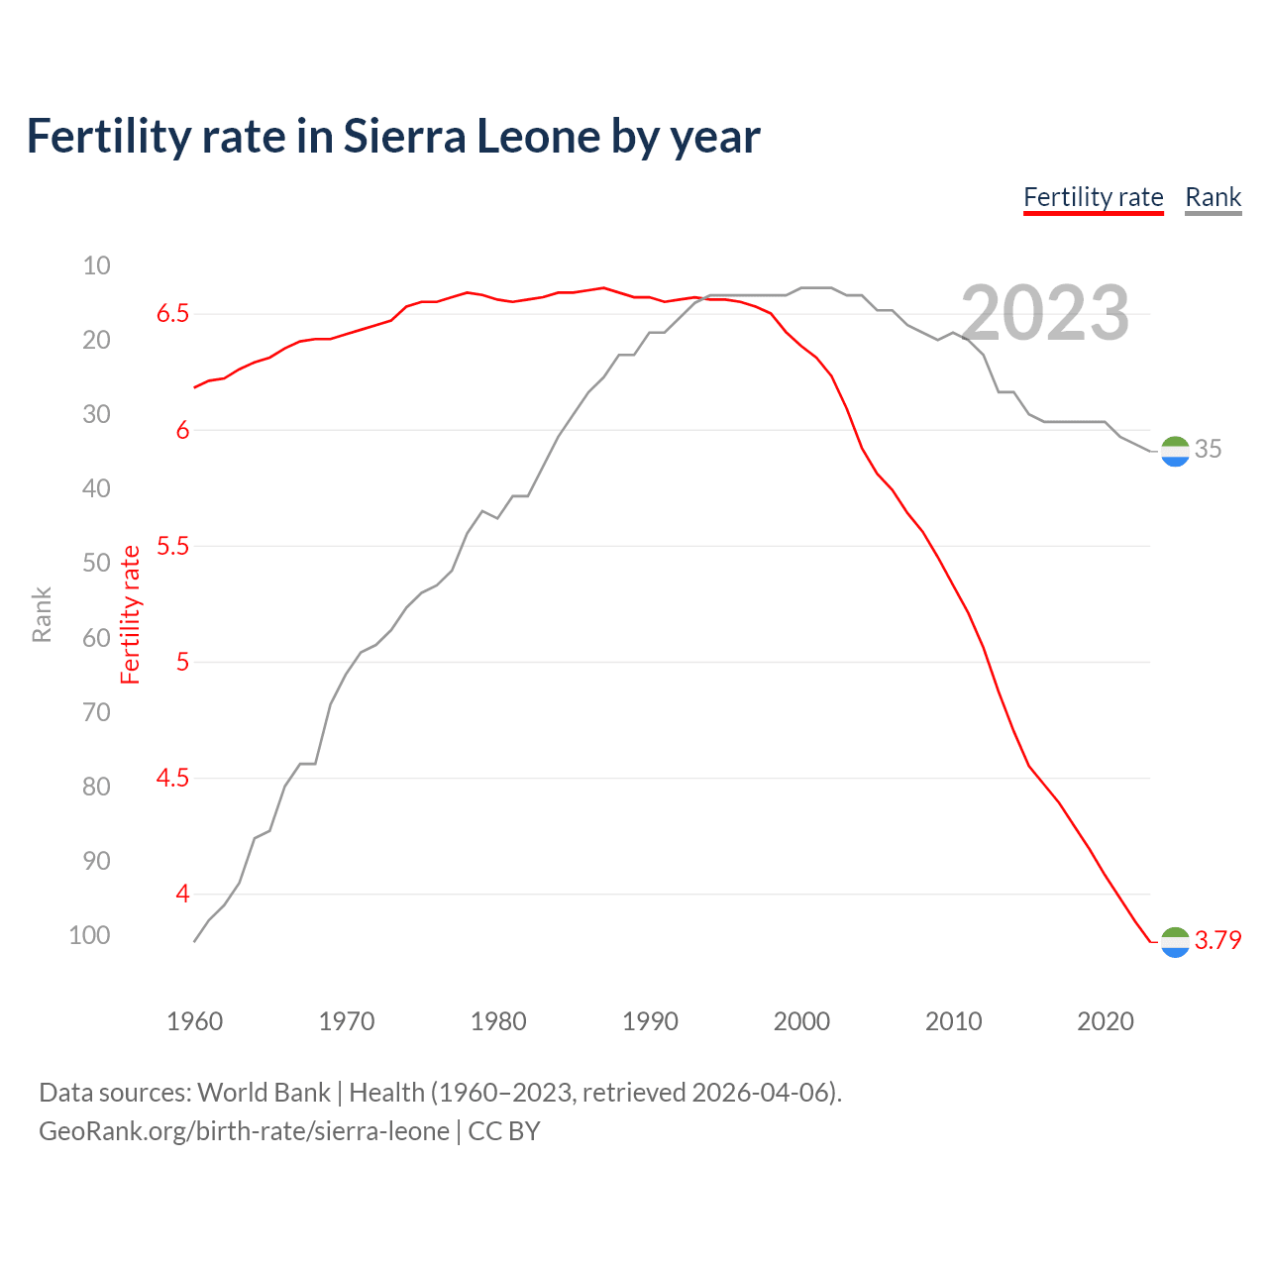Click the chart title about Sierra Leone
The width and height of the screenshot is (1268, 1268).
coord(393,137)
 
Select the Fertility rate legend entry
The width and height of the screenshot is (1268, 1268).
coord(1093,197)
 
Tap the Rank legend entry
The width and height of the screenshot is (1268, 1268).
coord(1213,197)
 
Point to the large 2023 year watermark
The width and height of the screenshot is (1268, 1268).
coord(1045,314)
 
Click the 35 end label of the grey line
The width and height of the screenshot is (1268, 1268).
coord(1208,449)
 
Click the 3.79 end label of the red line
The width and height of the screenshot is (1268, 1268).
coord(1217,940)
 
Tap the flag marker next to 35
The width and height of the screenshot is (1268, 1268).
coord(1174,451)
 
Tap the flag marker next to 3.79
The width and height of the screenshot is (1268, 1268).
coord(1174,942)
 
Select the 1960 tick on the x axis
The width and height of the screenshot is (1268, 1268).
coord(194,1021)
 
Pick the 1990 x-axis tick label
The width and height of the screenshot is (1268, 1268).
coord(650,1021)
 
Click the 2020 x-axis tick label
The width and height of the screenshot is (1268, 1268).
coord(1105,1021)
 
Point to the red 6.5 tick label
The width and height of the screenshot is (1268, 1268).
coord(172,314)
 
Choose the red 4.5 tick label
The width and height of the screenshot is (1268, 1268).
coord(172,779)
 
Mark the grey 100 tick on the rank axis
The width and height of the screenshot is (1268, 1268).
coord(89,935)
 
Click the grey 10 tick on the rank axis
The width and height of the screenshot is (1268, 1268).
coord(96,265)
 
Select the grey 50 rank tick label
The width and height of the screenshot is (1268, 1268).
coord(96,563)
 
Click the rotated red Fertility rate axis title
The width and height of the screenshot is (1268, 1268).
coord(131,614)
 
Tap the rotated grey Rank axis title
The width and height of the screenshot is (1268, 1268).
coord(42,614)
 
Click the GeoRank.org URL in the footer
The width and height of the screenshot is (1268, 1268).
coord(244,1131)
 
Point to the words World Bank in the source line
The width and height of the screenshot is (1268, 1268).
coord(264,1093)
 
